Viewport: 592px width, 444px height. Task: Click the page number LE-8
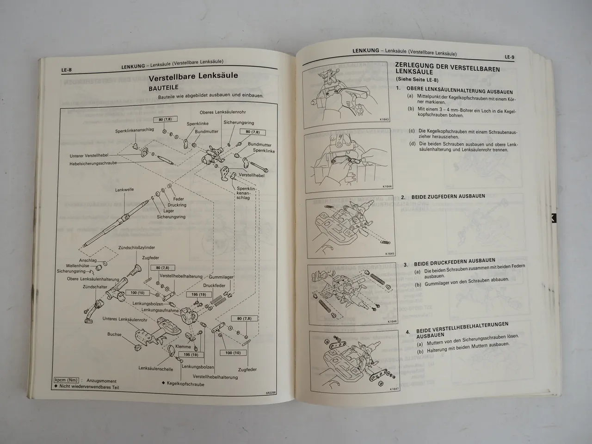[x=67, y=70]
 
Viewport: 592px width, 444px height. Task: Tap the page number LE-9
[x=509, y=57]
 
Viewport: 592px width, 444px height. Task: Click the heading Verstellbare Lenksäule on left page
[x=193, y=76]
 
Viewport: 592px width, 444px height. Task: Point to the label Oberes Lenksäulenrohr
[x=222, y=112]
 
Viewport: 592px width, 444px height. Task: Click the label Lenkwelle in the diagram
[x=124, y=190]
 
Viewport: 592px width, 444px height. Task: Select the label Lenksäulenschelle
[x=155, y=369]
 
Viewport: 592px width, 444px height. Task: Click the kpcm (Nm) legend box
[x=66, y=380]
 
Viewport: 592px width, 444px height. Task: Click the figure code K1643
[x=384, y=119]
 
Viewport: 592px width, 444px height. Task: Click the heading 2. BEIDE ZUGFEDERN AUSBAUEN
[x=443, y=197]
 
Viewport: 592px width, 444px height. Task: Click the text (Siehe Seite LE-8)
[x=417, y=79]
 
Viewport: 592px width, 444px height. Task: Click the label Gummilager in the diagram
[x=221, y=277]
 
